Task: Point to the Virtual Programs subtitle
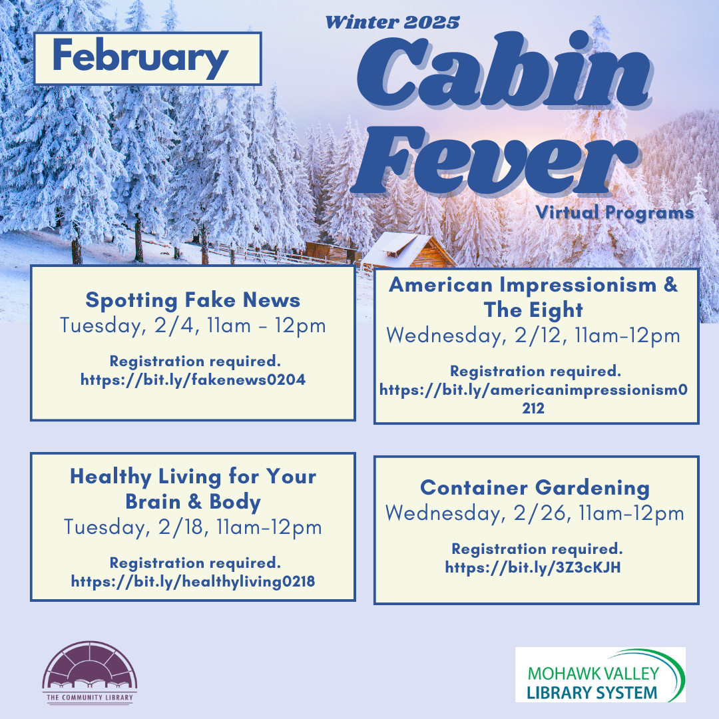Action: pyautogui.click(x=614, y=212)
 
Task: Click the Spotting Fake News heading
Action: pyautogui.click(x=193, y=300)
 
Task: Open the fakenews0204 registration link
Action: pyautogui.click(x=193, y=379)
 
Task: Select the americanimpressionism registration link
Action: pyautogui.click(x=533, y=399)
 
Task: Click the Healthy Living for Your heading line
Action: pyautogui.click(x=193, y=477)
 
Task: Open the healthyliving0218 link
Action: pyautogui.click(x=193, y=581)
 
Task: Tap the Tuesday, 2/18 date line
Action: pyautogui.click(x=193, y=527)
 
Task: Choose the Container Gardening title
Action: pyautogui.click(x=535, y=488)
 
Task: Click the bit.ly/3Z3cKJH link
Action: pyautogui.click(x=533, y=568)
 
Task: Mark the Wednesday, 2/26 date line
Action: pyautogui.click(x=535, y=513)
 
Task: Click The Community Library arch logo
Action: pyautogui.click(x=90, y=672)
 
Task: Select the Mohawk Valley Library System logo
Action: pyautogui.click(x=600, y=674)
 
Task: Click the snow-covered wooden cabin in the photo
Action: pyautogui.click(x=407, y=251)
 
